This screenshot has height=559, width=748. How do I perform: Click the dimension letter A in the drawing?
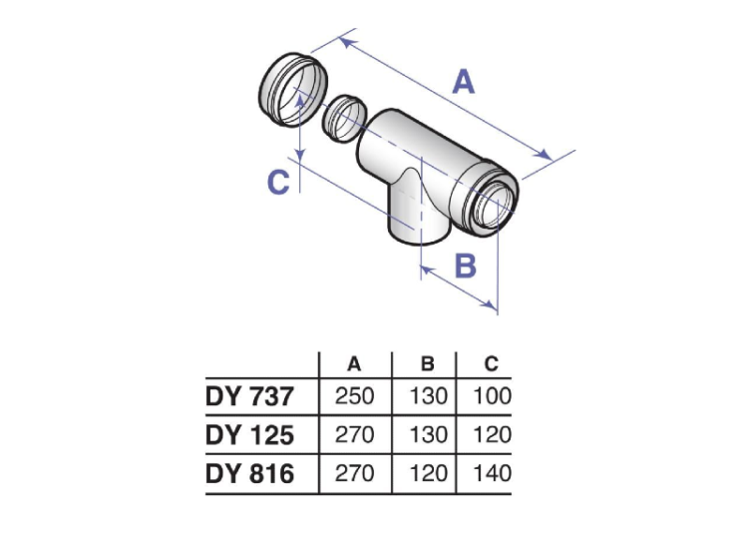[463, 81]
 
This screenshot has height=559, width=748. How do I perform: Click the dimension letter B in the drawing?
[465, 266]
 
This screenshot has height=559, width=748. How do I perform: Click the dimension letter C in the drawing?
[280, 182]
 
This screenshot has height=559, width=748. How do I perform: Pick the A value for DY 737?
[354, 397]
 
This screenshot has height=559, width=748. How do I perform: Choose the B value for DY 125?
[427, 435]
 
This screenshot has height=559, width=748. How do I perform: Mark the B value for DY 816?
[427, 473]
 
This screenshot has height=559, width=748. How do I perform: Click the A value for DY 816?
[354, 473]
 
